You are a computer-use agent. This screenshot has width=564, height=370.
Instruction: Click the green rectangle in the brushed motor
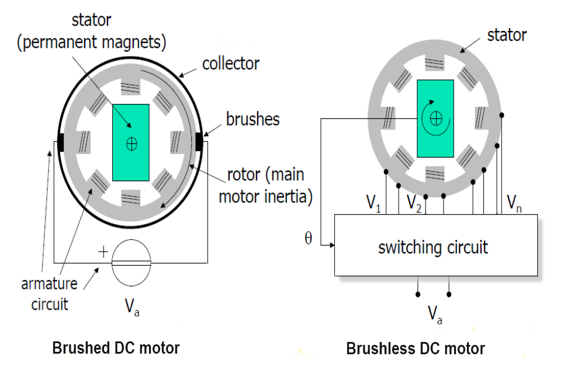tap(131, 142)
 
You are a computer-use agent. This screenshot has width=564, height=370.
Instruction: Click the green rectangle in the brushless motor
tap(435, 118)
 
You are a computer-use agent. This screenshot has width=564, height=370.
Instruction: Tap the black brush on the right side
tap(199, 141)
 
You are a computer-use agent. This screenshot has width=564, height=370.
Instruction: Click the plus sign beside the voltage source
tap(103, 252)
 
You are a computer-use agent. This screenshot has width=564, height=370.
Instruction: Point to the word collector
tap(231, 63)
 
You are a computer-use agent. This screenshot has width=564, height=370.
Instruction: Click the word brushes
tap(253, 119)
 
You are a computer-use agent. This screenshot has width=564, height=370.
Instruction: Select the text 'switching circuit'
tap(433, 247)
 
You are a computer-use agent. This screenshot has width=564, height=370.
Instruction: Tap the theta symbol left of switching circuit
tap(309, 238)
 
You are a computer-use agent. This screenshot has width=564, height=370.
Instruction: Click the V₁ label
tap(373, 204)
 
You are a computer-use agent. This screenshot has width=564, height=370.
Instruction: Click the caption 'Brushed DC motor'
tap(116, 348)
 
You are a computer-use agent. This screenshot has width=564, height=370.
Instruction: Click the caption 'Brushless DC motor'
tap(416, 349)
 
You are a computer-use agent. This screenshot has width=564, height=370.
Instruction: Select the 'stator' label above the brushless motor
tap(507, 35)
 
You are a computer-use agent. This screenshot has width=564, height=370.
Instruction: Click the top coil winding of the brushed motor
tap(131, 87)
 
